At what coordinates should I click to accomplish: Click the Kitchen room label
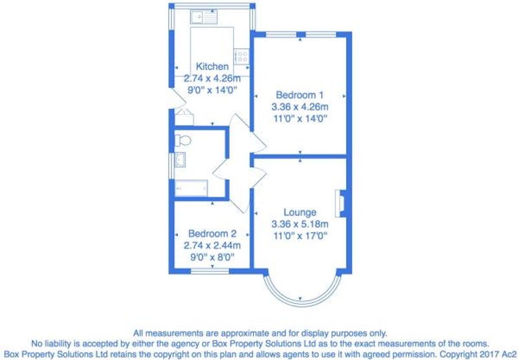tap(212, 67)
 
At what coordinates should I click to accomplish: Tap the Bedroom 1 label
tap(300, 95)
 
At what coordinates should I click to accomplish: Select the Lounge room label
tap(300, 212)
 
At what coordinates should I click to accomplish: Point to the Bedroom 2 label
tap(212, 234)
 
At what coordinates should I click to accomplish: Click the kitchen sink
tap(203, 17)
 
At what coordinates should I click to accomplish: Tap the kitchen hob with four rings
tap(242, 56)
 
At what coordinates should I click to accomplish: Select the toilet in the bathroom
tap(183, 141)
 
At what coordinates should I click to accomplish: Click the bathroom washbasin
tap(180, 160)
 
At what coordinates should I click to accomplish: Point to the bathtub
tap(191, 188)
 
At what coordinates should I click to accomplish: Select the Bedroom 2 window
tap(210, 271)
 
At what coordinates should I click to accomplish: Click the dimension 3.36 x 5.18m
tap(300, 225)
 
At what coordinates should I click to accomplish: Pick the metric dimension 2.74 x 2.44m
tap(212, 246)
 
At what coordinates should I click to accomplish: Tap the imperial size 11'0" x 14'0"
tap(300, 118)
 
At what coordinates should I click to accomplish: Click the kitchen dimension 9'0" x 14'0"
tap(212, 91)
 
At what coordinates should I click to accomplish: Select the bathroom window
tap(172, 166)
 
